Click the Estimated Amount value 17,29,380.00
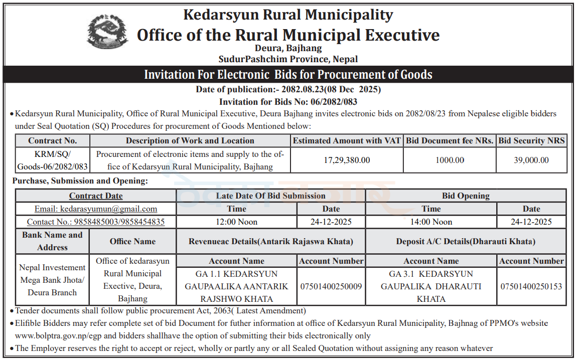(x=347, y=160)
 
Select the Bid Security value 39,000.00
(x=531, y=160)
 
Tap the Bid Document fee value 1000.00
(x=450, y=160)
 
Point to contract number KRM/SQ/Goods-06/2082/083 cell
(x=52, y=160)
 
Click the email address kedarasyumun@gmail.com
(x=96, y=209)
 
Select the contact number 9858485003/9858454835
(x=96, y=222)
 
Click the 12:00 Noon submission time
(x=236, y=222)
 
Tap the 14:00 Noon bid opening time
(x=431, y=222)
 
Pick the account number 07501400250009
(x=331, y=286)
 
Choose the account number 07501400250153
(x=531, y=286)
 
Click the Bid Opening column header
(x=466, y=196)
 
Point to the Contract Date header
(x=96, y=196)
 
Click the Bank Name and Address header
(x=52, y=241)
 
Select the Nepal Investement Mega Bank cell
(x=52, y=280)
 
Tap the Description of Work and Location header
(x=190, y=141)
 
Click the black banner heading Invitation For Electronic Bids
(x=288, y=75)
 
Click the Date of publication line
(x=288, y=90)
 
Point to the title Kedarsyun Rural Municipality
(x=288, y=15)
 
